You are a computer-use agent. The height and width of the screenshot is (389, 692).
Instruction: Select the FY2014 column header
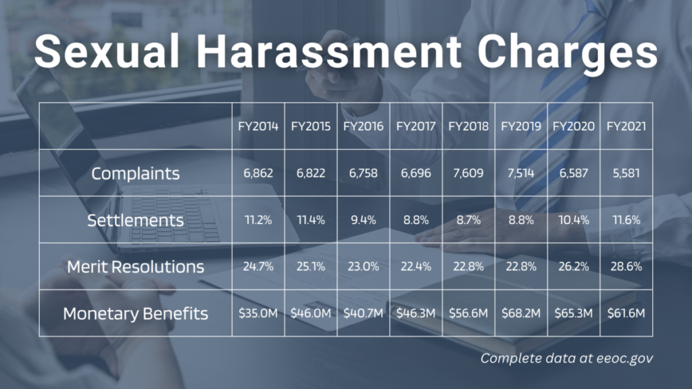[x=258, y=126]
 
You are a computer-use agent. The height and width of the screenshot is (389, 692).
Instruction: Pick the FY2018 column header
[x=468, y=126]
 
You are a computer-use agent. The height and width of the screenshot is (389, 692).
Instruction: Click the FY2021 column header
[x=626, y=126]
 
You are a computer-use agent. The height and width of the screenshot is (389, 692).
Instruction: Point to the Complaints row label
[x=135, y=174]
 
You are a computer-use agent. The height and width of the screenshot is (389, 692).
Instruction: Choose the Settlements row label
[x=135, y=220]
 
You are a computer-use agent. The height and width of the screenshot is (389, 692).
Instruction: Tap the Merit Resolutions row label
[x=135, y=267]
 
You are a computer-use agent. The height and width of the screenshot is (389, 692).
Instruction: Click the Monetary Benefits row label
[x=135, y=313]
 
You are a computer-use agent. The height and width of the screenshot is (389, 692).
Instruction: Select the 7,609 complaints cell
[x=468, y=174]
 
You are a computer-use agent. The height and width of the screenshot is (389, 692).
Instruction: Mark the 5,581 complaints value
[x=626, y=174]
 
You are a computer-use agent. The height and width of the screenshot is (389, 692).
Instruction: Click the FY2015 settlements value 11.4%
[x=311, y=220]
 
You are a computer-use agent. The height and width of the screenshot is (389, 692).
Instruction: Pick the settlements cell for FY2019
[x=521, y=220]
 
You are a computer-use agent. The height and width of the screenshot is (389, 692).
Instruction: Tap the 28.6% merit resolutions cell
[x=626, y=267]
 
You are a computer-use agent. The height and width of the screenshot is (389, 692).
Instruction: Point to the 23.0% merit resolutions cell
[x=363, y=267]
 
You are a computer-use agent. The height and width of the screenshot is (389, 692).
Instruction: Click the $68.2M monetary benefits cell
[x=521, y=313]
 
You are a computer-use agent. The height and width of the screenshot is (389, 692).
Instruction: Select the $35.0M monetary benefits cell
[x=258, y=313]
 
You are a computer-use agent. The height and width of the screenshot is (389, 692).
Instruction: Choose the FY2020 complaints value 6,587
[x=574, y=174]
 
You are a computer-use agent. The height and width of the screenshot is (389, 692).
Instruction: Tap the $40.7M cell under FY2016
[x=363, y=313]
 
